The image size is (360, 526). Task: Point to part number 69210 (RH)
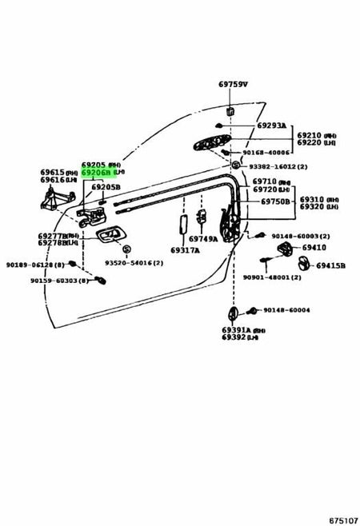coord(317,136)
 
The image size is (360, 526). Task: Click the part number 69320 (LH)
coord(318,207)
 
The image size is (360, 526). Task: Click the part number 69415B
coord(330,265)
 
